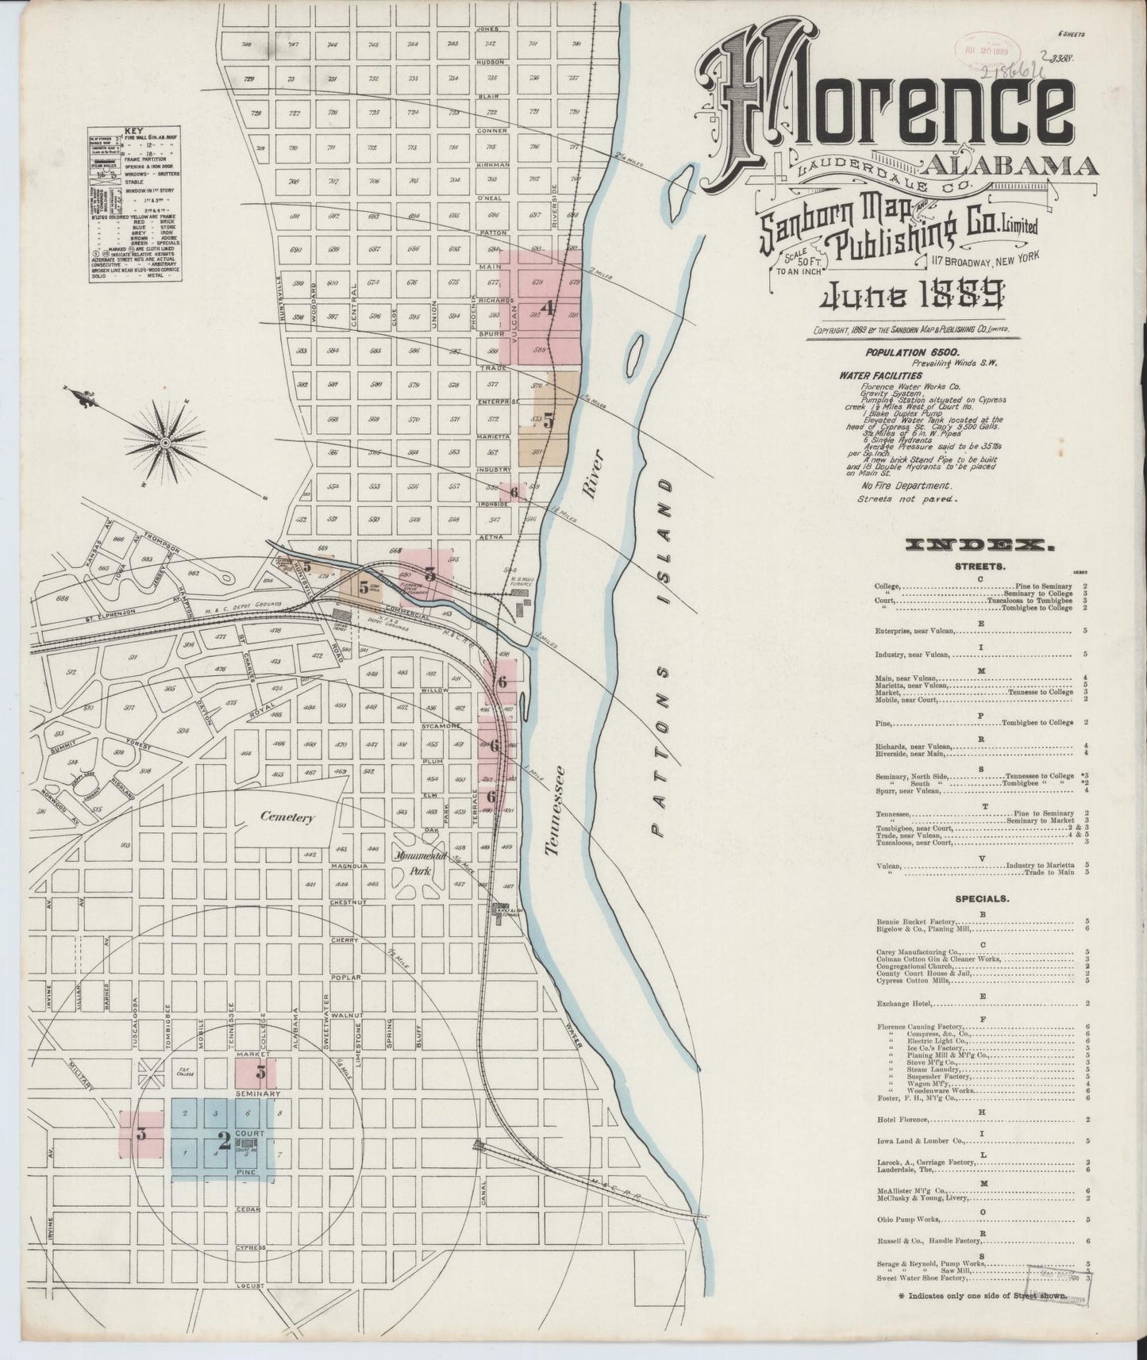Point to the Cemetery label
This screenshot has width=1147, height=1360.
291,816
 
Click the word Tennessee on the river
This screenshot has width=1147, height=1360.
556,809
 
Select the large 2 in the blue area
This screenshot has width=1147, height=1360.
224,1141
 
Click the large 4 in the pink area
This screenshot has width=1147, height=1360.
546,307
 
